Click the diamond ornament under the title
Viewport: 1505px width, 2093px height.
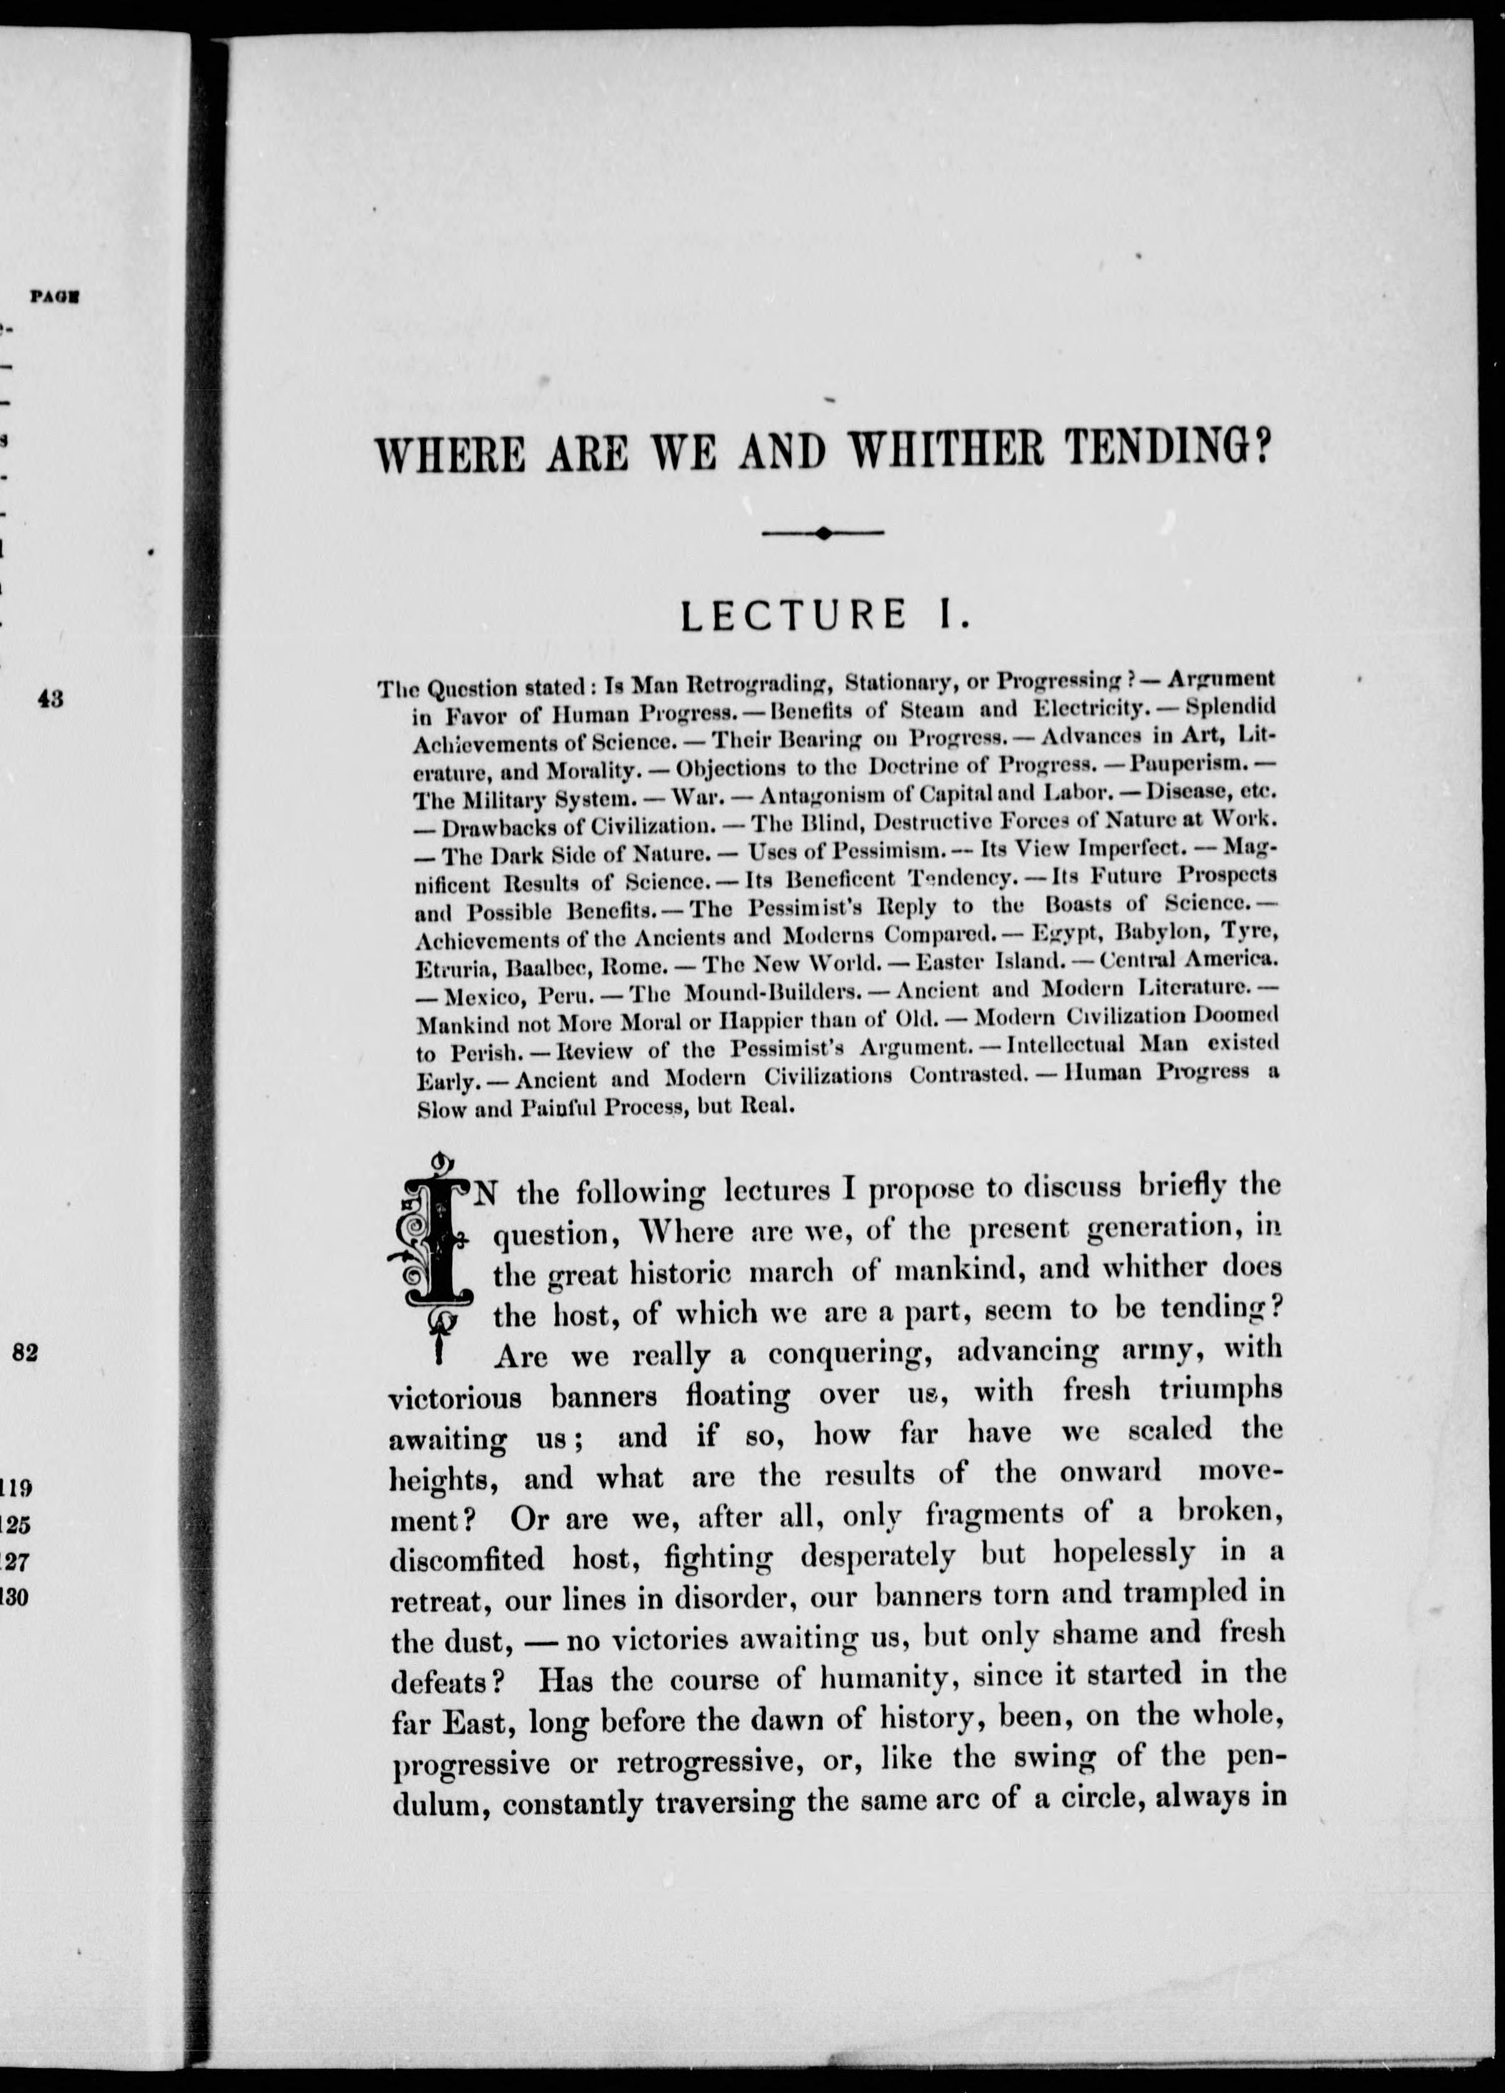point(823,533)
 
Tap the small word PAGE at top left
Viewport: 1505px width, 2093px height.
point(53,297)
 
